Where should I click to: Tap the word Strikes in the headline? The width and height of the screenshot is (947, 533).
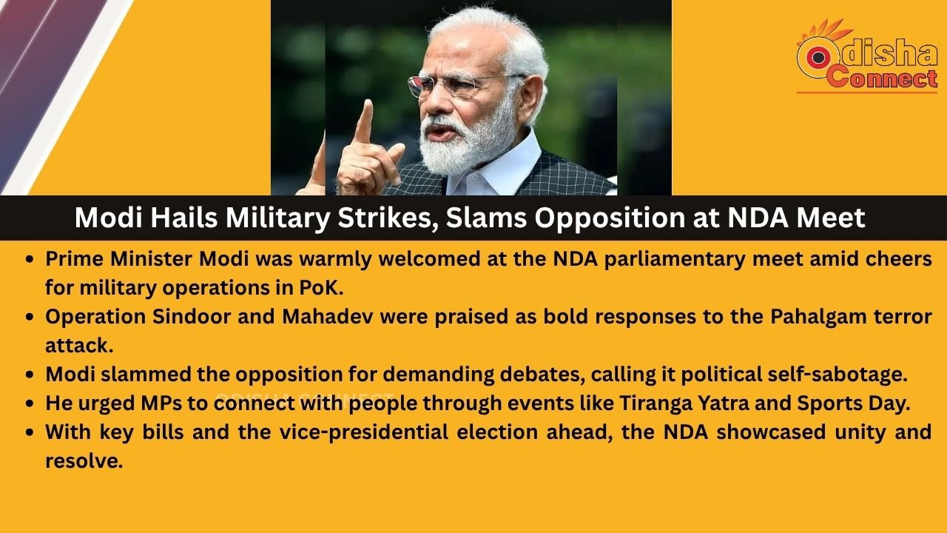coord(383,218)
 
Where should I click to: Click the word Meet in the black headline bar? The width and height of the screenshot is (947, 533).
coord(830,218)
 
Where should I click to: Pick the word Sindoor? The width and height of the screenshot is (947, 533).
coord(192,317)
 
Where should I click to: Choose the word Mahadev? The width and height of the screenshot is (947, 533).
coord(327,317)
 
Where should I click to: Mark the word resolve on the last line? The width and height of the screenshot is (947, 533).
coord(84,461)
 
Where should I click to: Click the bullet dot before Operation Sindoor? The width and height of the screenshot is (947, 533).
coord(30,318)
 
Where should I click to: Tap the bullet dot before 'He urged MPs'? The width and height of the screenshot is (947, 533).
coord(30,403)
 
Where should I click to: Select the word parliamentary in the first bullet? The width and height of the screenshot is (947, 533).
coord(675,259)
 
